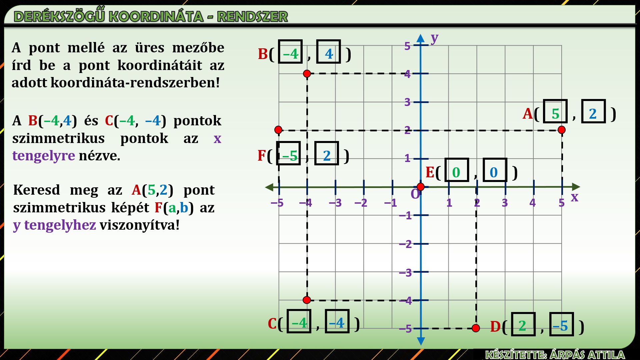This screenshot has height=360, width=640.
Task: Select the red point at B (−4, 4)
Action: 307,73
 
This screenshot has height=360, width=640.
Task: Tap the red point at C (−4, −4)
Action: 307,300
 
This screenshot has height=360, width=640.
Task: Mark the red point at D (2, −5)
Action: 476,328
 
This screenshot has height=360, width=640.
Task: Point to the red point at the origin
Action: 421,187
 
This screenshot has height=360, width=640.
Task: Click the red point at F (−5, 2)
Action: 279,130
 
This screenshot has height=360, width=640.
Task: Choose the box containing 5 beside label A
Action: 555,111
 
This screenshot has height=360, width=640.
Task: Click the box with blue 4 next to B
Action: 328,52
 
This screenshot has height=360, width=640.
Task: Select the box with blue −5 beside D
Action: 561,324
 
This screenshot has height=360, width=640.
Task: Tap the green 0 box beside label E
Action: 457,170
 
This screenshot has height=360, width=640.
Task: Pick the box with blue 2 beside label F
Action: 326,153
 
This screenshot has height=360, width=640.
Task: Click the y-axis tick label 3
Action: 407,102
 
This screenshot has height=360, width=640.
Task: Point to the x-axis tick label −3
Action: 335,203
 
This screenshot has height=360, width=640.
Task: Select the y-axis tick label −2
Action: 406,244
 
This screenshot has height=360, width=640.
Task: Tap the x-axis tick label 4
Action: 532,203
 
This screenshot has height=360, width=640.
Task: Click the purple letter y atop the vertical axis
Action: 434,38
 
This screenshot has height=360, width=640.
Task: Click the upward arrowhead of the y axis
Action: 421,38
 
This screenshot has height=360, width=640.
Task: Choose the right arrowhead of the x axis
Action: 576,187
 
